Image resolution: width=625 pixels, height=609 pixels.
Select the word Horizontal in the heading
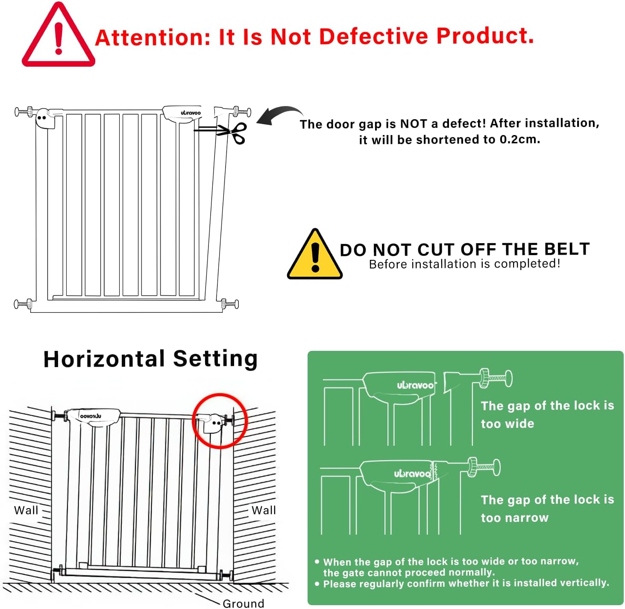(104, 359)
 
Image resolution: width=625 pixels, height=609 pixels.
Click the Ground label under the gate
(243, 603)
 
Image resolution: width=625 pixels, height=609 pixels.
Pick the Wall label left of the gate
(26, 510)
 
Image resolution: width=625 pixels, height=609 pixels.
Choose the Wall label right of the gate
(263, 510)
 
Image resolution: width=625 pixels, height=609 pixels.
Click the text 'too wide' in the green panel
(508, 424)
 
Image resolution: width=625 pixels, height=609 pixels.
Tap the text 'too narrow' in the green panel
(514, 518)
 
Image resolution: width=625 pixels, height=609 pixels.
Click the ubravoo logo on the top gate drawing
(191, 113)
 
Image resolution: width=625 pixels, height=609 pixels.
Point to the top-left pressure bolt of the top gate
(24, 112)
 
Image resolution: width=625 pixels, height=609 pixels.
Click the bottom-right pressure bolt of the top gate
(230, 304)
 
